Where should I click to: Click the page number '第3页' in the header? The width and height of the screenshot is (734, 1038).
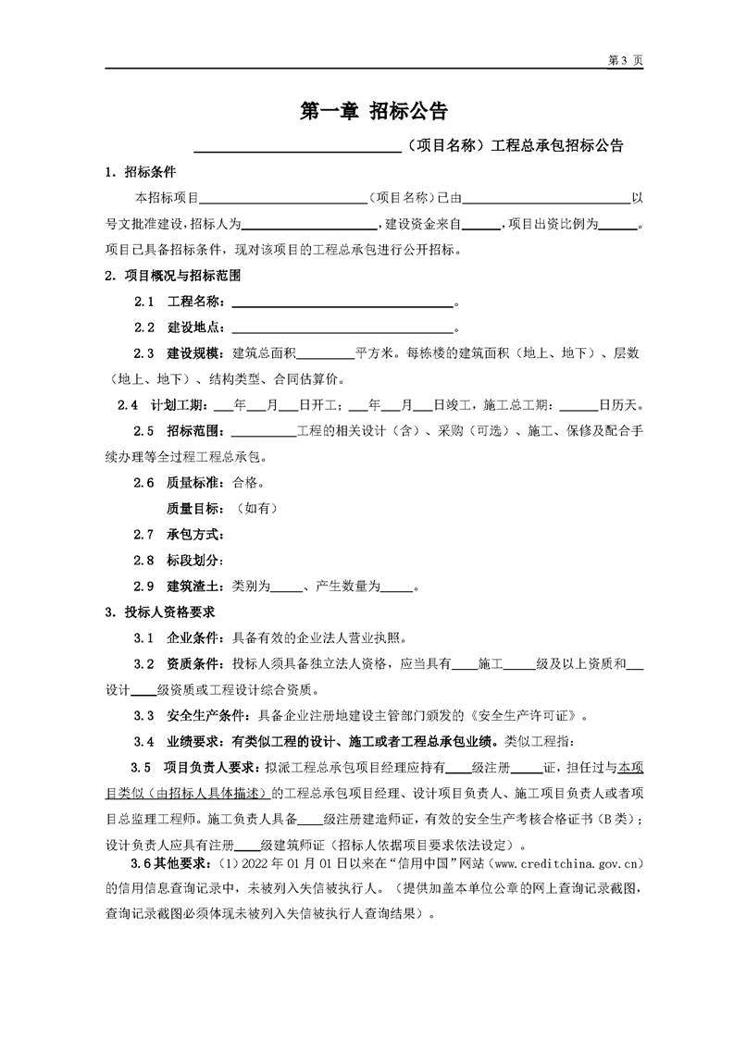pos(625,59)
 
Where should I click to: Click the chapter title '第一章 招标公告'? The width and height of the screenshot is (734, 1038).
pos(374,112)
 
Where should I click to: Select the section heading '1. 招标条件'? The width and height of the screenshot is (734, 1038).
pos(142,172)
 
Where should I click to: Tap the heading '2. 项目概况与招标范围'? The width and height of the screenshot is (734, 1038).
pos(173,276)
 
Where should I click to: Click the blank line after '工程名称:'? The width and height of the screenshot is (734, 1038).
pos(342,303)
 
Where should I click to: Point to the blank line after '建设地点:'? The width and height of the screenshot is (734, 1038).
pos(342,328)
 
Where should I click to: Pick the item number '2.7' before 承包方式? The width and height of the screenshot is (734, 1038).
pos(143,534)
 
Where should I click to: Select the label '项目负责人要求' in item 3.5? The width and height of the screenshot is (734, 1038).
pos(213,767)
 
